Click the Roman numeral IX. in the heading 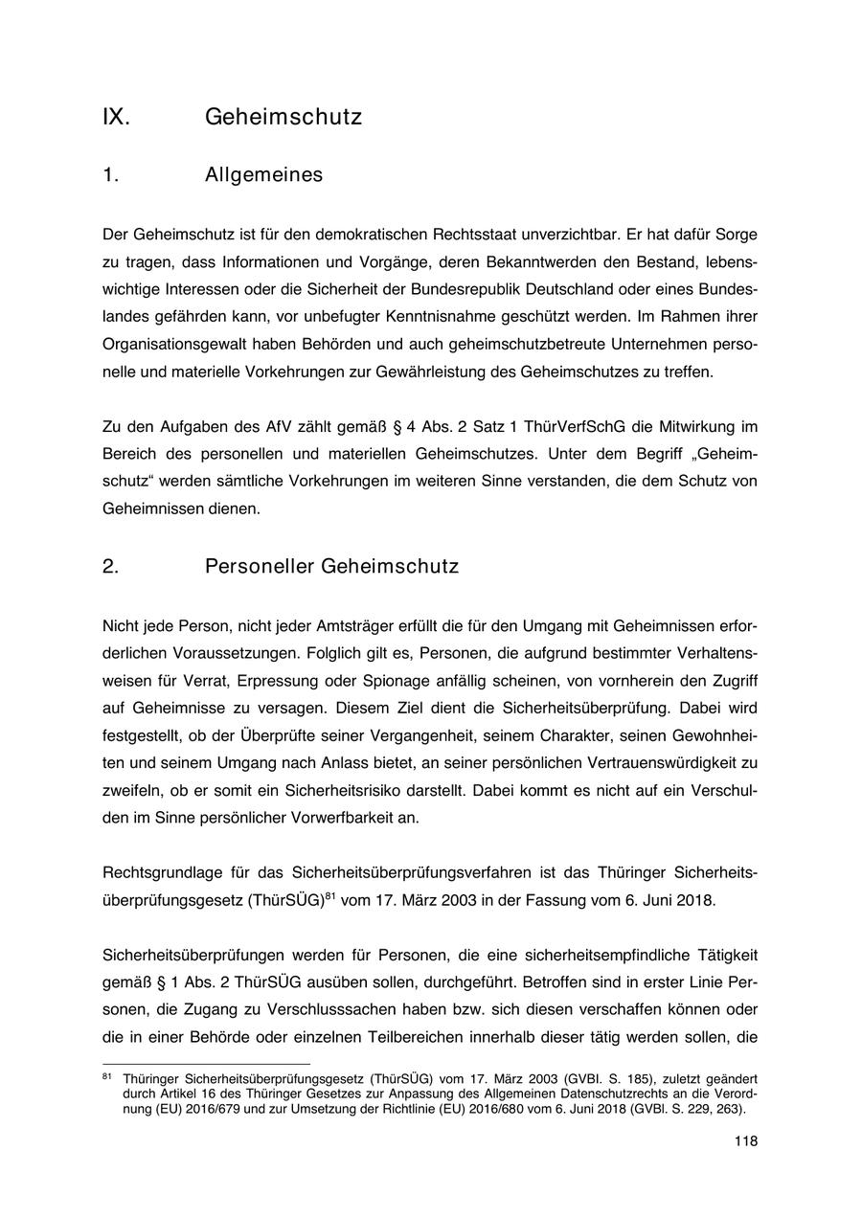[116, 117]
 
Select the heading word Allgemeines [263, 175]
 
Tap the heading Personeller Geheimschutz [331, 566]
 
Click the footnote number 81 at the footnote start [107, 1077]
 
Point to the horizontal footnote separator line [206, 1064]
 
